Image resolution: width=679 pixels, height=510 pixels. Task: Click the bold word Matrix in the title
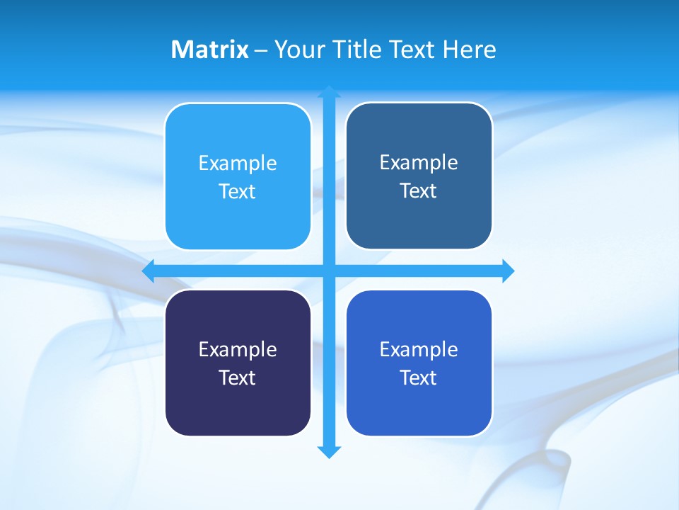point(209,50)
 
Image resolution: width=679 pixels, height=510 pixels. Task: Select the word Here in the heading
point(470,50)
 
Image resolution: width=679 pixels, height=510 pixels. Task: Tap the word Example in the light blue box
point(238,163)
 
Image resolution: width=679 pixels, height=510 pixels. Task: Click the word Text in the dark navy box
point(238,378)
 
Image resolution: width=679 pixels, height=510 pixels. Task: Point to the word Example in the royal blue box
point(419,349)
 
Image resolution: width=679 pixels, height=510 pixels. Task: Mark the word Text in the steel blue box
point(419,191)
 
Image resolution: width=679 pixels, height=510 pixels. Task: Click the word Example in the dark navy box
point(238,349)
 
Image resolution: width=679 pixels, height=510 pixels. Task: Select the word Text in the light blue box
point(238,192)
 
